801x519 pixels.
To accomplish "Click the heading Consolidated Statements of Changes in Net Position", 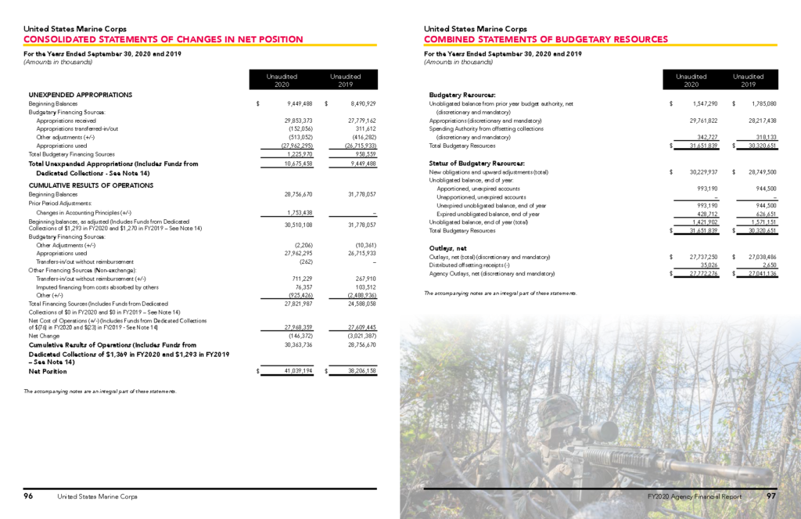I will tap(163, 39).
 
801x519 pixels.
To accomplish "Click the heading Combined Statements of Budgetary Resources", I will tap(545, 39).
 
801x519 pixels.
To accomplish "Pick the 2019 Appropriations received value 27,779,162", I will tap(359, 121).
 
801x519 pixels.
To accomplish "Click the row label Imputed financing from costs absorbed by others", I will tap(88, 287).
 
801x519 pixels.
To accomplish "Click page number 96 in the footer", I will tap(29, 496).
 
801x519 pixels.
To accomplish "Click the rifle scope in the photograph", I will tap(599, 429).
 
